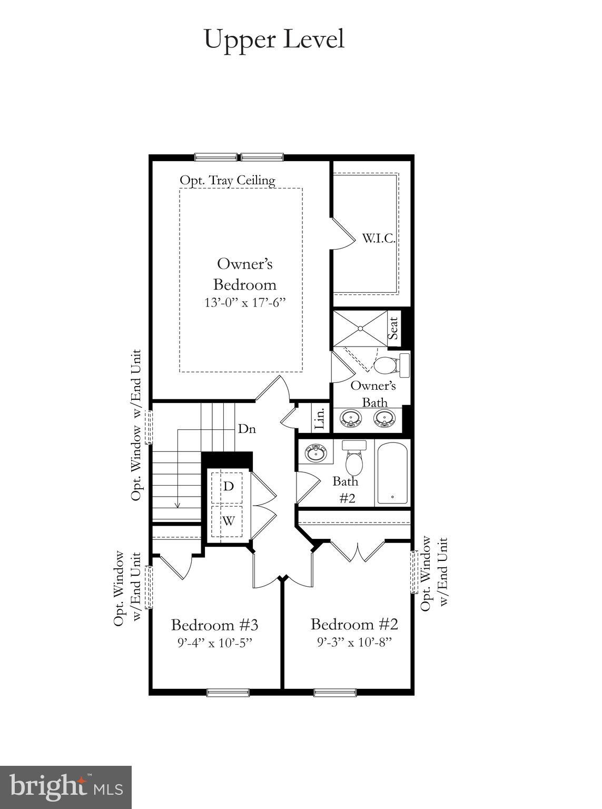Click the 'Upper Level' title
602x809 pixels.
click(x=274, y=40)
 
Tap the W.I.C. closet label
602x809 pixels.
click(x=378, y=238)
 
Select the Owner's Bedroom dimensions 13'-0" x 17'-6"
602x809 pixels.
click(x=245, y=303)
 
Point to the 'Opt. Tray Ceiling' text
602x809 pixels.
click(x=227, y=180)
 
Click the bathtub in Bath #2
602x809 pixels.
click(x=392, y=473)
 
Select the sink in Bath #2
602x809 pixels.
click(x=315, y=453)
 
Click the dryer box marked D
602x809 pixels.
click(x=228, y=486)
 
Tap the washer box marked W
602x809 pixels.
click(x=228, y=521)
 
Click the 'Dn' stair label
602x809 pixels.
click(x=246, y=429)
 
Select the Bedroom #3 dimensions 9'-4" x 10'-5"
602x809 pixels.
click(x=214, y=643)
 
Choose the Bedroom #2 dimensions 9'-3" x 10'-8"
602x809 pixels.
click(x=354, y=642)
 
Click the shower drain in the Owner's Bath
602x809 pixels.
click(x=360, y=329)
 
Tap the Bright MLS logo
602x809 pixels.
click(x=66, y=787)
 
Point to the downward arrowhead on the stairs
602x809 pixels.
click(x=177, y=505)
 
